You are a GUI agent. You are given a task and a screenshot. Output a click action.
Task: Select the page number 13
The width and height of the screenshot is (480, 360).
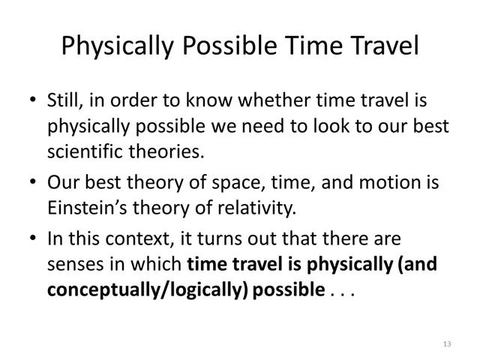coord(447,343)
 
